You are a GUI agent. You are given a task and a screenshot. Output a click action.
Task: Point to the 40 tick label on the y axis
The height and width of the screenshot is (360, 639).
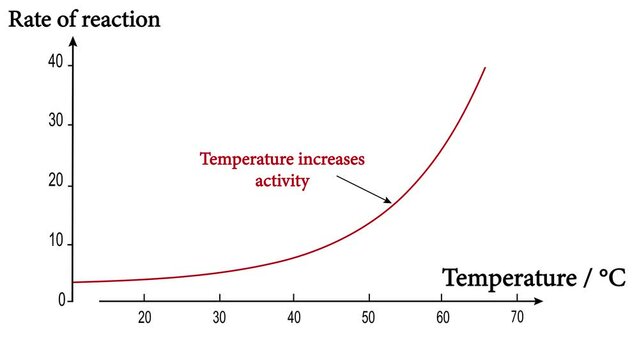tap(56, 63)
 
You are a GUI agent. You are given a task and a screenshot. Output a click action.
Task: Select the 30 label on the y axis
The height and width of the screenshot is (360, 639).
tap(56, 123)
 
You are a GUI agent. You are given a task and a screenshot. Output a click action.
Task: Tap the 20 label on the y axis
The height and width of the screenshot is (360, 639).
tap(56, 183)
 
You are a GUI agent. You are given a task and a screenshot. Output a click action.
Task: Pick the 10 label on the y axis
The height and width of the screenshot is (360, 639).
tap(56, 243)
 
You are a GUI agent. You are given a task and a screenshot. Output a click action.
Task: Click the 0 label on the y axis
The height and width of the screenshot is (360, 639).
tap(60, 298)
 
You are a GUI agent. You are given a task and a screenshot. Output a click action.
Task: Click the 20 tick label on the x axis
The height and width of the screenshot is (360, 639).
tap(144, 317)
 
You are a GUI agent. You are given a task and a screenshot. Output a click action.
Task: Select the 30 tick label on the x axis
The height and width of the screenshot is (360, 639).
tap(219, 317)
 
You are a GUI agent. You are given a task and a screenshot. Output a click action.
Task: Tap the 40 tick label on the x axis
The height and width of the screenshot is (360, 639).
tap(294, 317)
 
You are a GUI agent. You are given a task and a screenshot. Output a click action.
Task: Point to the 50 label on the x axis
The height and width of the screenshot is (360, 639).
tap(368, 317)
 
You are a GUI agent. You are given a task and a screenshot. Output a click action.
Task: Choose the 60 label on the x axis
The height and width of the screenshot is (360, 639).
tap(443, 317)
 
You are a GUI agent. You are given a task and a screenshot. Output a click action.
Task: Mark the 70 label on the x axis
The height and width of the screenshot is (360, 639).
tap(517, 317)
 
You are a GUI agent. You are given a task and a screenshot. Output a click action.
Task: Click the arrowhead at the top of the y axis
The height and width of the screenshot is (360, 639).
tap(74, 45)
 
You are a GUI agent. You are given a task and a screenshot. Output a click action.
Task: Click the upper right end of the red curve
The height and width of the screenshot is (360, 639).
tap(485, 68)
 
